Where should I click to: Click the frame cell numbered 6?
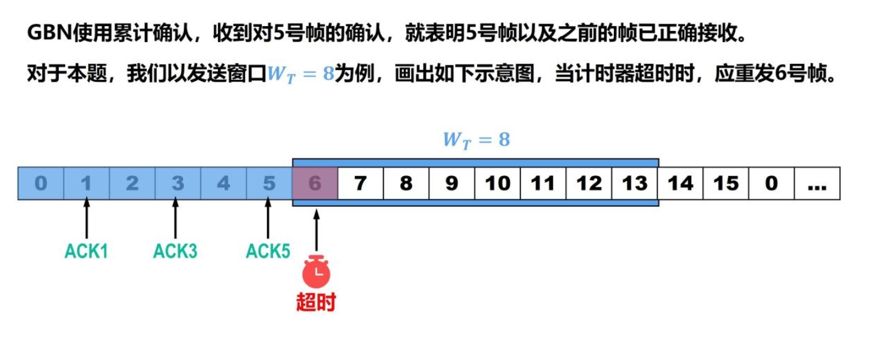[315, 183]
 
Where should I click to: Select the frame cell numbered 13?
[634, 183]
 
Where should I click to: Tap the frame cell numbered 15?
[726, 183]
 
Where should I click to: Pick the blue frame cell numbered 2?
[132, 183]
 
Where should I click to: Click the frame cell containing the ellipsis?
[817, 183]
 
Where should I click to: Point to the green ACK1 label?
[86, 252]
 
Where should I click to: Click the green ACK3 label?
[175, 252]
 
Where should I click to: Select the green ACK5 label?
[268, 252]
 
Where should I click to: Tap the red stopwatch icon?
[317, 271]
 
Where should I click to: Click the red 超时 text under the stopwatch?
[316, 302]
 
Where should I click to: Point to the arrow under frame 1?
[87, 219]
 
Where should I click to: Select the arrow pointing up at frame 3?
[175, 219]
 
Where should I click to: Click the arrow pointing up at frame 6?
[317, 230]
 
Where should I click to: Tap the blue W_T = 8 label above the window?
[476, 140]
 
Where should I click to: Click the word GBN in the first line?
[46, 33]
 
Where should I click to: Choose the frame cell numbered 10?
[497, 183]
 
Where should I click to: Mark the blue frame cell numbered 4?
[224, 183]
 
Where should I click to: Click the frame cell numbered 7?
[360, 183]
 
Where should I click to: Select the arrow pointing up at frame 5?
[268, 219]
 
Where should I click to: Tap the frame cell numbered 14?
[680, 183]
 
